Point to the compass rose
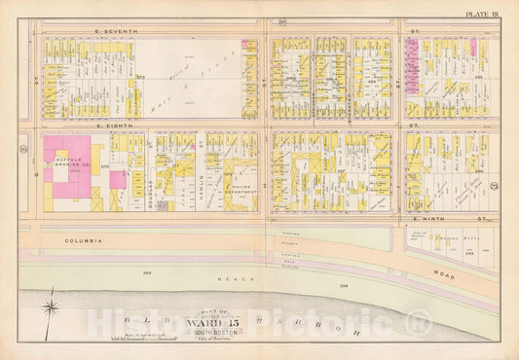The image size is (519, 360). [53, 311]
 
